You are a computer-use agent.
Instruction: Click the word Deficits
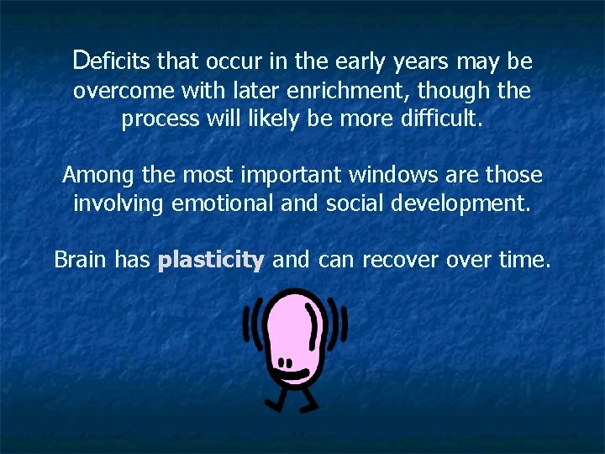click(x=112, y=61)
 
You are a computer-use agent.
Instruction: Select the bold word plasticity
click(x=211, y=260)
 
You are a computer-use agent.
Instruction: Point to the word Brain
click(x=81, y=260)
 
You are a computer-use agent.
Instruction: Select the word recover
click(x=400, y=260)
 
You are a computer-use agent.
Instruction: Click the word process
click(x=156, y=119)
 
